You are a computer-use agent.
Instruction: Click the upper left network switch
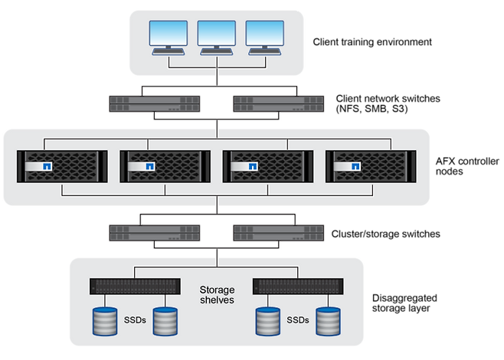(x=155, y=103)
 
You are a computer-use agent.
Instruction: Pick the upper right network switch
(x=278, y=103)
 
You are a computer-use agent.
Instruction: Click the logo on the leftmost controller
(x=47, y=166)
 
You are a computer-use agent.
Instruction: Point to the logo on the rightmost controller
(x=355, y=166)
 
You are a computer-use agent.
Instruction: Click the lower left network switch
(x=155, y=233)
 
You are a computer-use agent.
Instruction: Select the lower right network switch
(x=278, y=233)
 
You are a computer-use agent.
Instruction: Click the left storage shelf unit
(x=136, y=286)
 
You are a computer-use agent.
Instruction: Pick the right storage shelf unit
(x=298, y=286)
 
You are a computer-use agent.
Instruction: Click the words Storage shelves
(x=217, y=295)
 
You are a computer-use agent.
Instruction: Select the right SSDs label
(x=299, y=321)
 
